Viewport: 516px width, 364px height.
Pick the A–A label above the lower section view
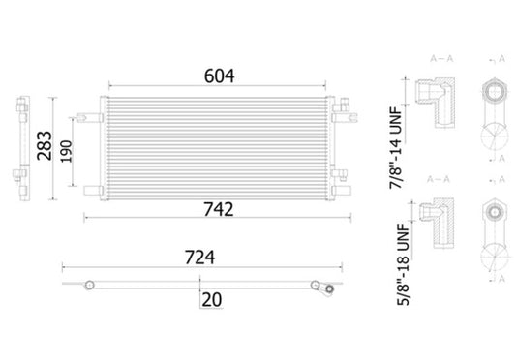(x=433, y=180)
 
